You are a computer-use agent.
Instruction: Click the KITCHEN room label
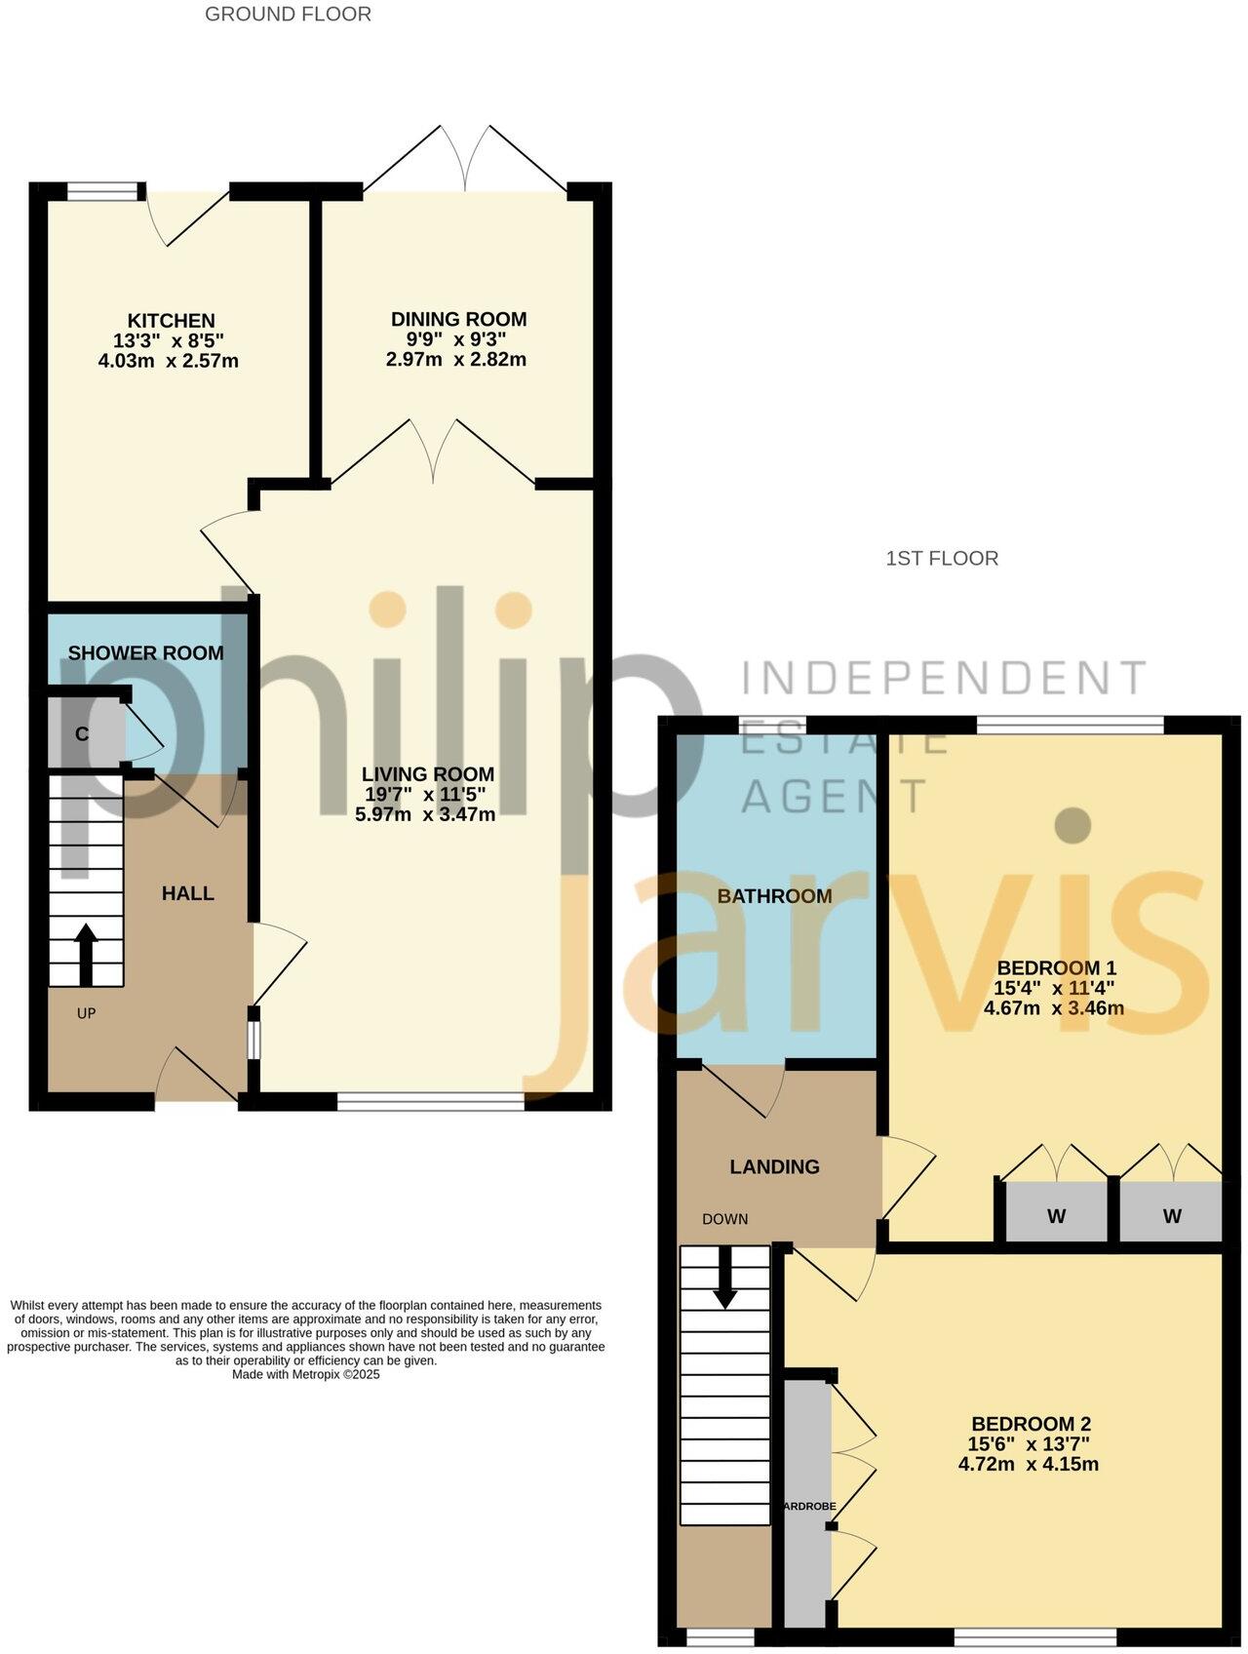click(x=171, y=321)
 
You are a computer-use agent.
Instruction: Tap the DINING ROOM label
click(x=458, y=319)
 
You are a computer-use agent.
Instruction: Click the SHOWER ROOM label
click(x=145, y=653)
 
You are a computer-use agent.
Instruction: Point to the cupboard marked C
click(x=82, y=734)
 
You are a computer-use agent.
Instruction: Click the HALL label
click(x=187, y=893)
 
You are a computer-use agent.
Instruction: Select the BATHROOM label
click(x=774, y=896)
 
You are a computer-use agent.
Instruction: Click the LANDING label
click(x=774, y=1166)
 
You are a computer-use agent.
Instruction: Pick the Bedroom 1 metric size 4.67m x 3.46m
click(x=1054, y=1008)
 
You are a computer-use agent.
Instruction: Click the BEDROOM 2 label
click(x=1031, y=1423)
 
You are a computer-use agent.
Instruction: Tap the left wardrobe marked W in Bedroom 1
click(x=1056, y=1216)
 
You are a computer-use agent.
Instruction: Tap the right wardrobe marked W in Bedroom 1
click(x=1172, y=1216)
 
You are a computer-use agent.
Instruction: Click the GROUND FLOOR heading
click(x=288, y=14)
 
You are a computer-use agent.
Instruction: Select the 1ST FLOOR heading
click(x=941, y=558)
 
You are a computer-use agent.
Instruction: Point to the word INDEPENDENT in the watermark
click(x=944, y=677)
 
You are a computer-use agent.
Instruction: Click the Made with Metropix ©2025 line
click(x=305, y=1374)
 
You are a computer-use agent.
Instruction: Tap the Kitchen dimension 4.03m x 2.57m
click(x=169, y=361)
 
